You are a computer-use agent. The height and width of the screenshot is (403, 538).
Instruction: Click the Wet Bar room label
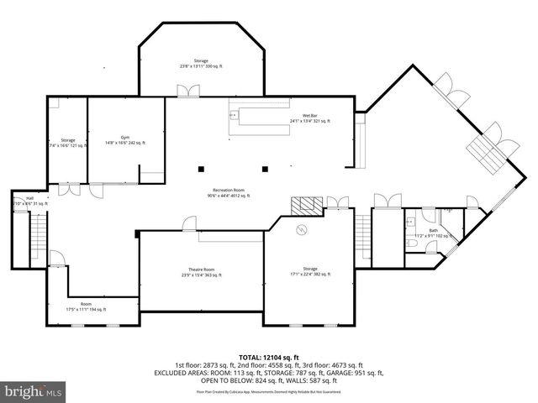[x=309, y=118]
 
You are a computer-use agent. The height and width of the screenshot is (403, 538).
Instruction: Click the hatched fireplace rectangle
[x=306, y=205]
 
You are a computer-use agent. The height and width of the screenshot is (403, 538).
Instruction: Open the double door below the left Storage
[x=74, y=190]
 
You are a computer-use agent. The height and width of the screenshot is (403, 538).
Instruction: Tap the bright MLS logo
[x=34, y=391]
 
